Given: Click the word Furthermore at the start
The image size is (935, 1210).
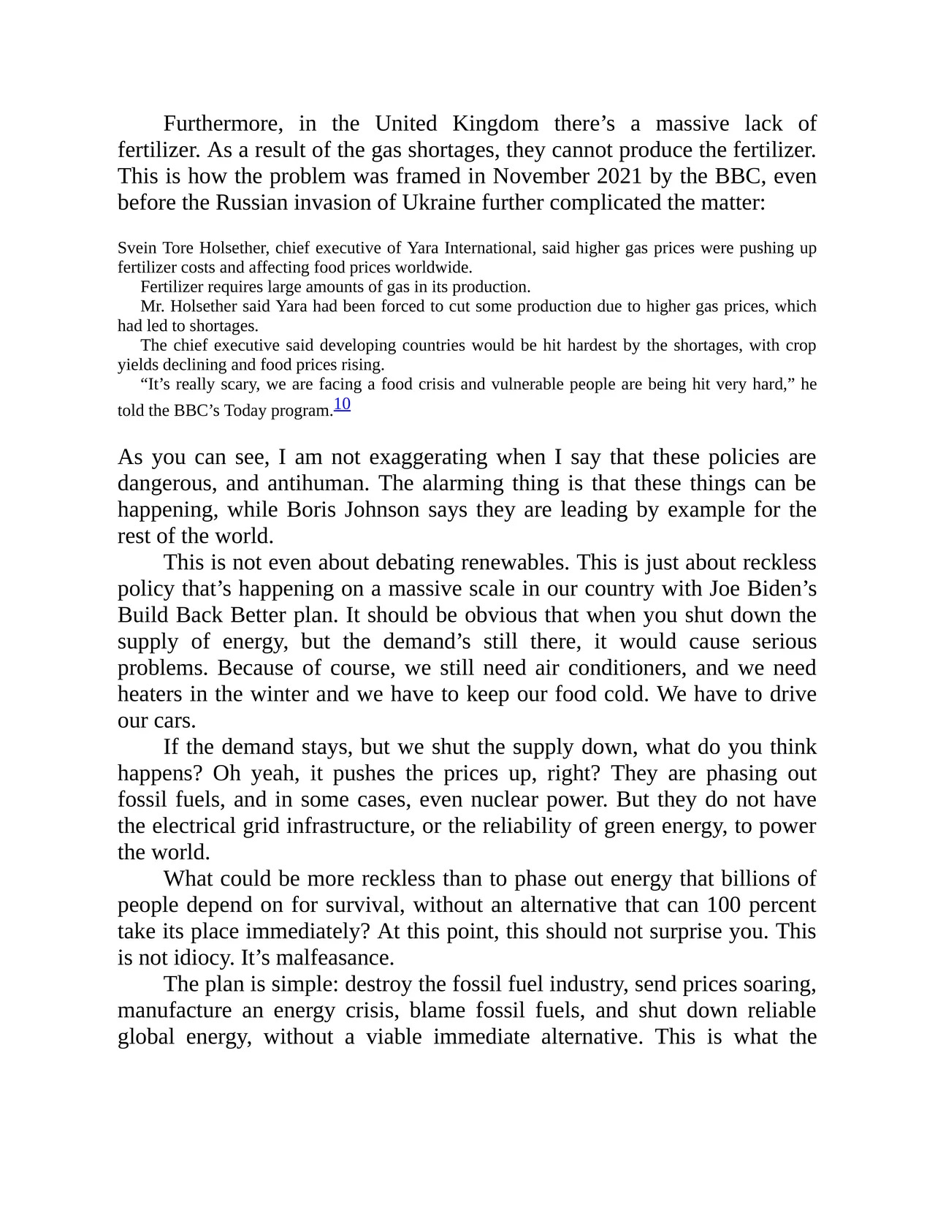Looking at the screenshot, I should point(222,123).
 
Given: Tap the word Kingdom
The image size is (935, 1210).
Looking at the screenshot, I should point(495,123).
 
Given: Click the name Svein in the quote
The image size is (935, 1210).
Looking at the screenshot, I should point(137,248).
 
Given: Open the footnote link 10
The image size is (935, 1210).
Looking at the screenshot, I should point(342,404).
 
